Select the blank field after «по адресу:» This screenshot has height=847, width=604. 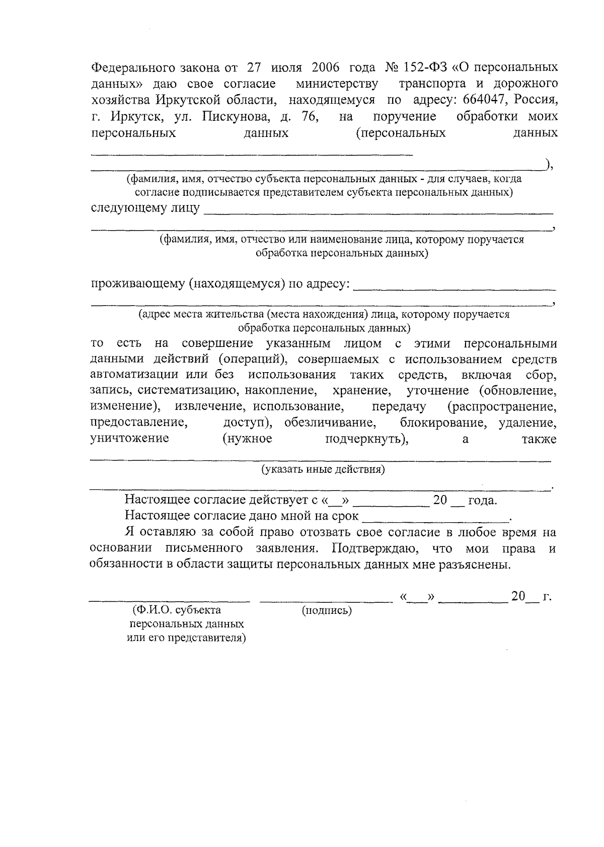pyautogui.click(x=455, y=289)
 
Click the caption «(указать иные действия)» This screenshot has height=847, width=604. pyautogui.click(x=323, y=470)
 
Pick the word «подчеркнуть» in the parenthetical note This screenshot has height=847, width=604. pyautogui.click(x=366, y=439)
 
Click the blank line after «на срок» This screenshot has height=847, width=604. pyautogui.click(x=436, y=519)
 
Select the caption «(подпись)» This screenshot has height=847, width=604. pyautogui.click(x=327, y=611)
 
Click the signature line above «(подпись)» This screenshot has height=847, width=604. pyautogui.click(x=326, y=600)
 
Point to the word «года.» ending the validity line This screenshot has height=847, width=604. pyautogui.click(x=482, y=501)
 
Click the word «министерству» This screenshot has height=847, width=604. pyautogui.click(x=337, y=84)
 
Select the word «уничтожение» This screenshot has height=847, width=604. pyautogui.click(x=129, y=439)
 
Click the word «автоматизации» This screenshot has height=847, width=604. pyautogui.click(x=134, y=375)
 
